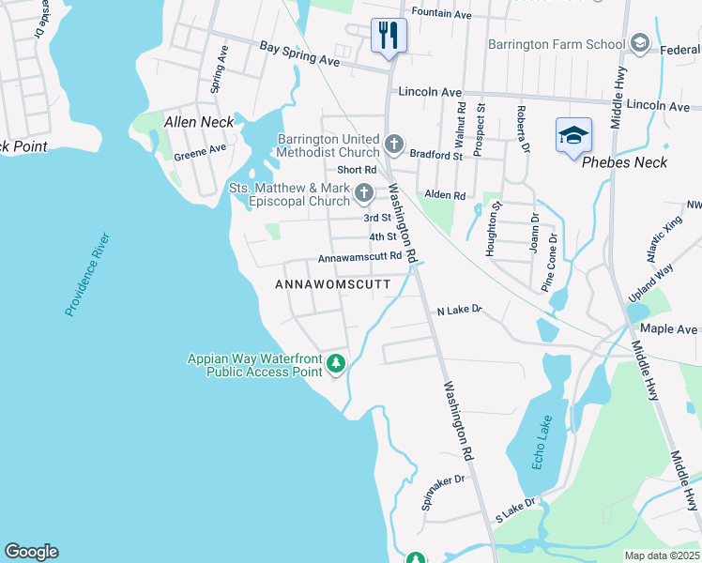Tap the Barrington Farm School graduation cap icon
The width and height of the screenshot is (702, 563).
click(639, 44)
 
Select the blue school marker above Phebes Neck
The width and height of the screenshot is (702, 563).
click(573, 136)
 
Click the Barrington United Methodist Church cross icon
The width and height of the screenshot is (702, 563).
click(394, 146)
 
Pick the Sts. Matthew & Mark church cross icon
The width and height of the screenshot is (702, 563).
click(365, 194)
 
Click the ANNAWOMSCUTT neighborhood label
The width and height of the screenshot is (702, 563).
click(331, 283)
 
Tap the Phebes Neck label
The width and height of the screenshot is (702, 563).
click(624, 162)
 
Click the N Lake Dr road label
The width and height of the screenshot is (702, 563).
click(459, 309)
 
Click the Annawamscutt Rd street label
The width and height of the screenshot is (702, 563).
click(359, 256)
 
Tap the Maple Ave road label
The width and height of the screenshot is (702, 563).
click(669, 329)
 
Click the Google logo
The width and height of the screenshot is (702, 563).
click(31, 552)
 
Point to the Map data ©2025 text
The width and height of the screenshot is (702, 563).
click(662, 555)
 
